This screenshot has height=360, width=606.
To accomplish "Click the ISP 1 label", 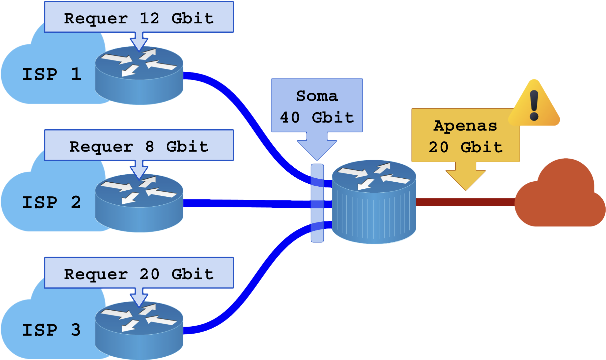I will (52, 74).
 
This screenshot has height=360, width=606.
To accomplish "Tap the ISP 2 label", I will (52, 202).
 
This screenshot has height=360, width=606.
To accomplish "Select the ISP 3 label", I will (52, 330).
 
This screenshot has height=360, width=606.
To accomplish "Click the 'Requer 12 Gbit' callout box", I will (139, 18).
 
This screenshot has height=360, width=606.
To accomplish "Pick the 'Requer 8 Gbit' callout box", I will (139, 146).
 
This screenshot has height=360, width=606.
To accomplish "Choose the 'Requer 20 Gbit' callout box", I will (139, 274).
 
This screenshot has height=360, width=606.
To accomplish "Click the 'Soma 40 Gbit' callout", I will (317, 106).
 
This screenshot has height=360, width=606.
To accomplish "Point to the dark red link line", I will (464, 202).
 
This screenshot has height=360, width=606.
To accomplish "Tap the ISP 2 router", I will (139, 203).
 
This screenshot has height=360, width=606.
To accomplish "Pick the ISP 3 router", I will (139, 331).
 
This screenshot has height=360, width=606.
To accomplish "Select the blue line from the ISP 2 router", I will (247, 203).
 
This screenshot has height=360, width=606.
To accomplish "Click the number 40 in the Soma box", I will (290, 118).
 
